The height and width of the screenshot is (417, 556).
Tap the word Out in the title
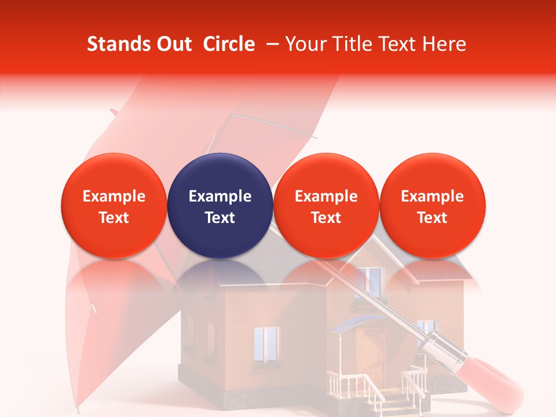[173, 45]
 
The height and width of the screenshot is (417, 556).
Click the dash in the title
[270, 45]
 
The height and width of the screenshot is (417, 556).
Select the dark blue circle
[220, 206]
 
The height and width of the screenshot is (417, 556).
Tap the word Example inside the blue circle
[220, 196]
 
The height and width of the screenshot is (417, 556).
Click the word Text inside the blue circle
[220, 218]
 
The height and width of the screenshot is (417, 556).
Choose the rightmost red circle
[433, 206]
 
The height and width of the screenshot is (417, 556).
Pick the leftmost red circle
[114, 206]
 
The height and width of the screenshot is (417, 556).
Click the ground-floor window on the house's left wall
[266, 342]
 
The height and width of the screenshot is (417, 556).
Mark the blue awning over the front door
[353, 321]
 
